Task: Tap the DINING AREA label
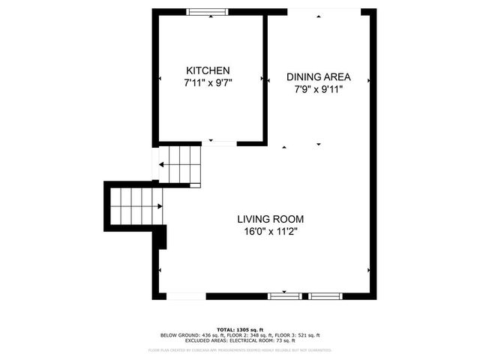click(319, 76)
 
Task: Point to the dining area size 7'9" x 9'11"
click(319, 88)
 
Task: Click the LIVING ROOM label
click(271, 219)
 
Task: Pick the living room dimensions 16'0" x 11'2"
click(271, 231)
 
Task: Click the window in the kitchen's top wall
click(208, 11)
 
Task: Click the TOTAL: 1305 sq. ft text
click(240, 330)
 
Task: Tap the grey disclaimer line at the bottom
click(240, 349)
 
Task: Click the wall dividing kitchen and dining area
click(265, 75)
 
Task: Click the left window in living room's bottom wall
click(284, 296)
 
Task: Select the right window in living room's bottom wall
click(325, 296)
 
